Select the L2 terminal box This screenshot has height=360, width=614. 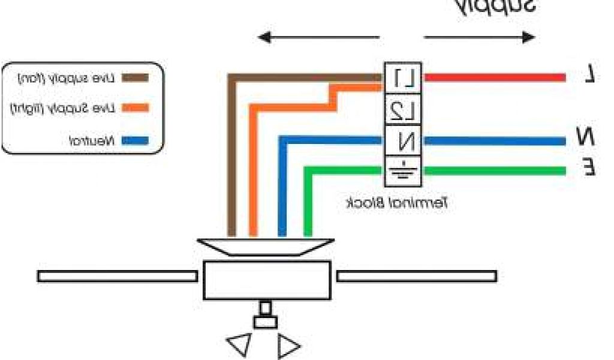[x=402, y=109]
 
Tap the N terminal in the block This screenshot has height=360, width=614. [x=402, y=141]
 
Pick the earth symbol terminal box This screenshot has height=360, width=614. [x=402, y=172]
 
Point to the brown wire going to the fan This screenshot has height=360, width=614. [x=231, y=156]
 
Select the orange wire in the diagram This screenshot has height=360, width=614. [x=253, y=168]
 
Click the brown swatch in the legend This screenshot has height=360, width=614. [x=135, y=77]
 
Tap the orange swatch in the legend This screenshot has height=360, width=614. [x=135, y=108]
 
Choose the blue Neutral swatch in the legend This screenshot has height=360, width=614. [x=135, y=142]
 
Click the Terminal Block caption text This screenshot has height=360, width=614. [x=398, y=203]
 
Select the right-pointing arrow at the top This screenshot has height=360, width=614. [x=480, y=37]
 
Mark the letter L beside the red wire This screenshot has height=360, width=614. [x=590, y=75]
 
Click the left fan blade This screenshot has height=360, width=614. [x=117, y=276]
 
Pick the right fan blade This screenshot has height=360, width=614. [x=416, y=276]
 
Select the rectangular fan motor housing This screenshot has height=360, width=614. [x=267, y=280]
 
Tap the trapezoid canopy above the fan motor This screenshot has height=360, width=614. [x=266, y=247]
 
